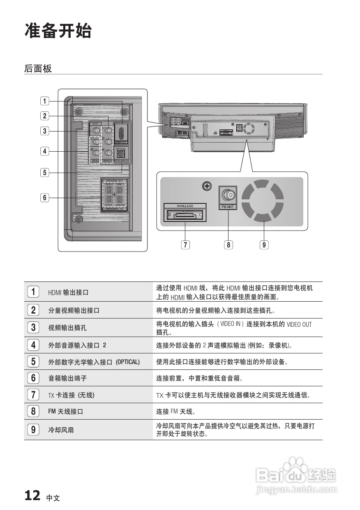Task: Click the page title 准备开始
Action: point(58,31)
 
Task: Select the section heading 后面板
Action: point(38,69)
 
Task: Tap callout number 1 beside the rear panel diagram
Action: point(44,101)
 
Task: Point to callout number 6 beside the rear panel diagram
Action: point(44,198)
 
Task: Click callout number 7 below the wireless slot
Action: point(186,245)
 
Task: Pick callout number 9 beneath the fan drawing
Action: point(264,245)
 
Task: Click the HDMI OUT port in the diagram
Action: point(121,132)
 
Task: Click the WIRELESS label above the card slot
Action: point(185,205)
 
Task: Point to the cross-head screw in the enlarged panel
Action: point(207,187)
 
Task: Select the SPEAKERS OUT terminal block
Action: point(114,195)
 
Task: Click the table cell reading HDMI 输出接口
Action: point(69,293)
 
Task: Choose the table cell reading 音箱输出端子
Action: point(67,378)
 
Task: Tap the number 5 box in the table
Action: point(33,362)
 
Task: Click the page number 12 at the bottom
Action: point(32,495)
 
